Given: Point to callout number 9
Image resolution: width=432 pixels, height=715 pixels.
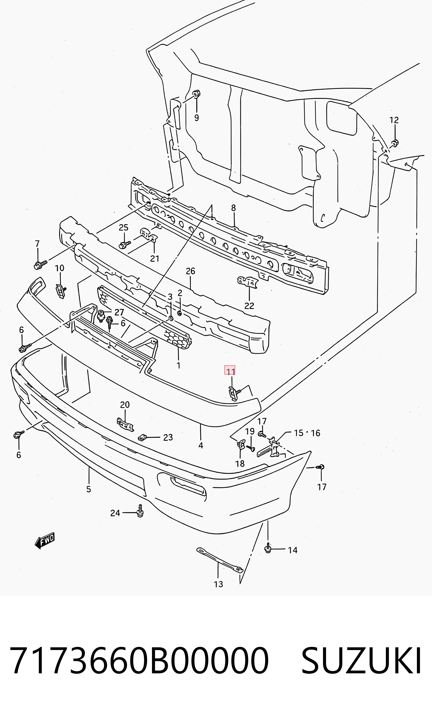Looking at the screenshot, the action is pyautogui.click(x=196, y=118).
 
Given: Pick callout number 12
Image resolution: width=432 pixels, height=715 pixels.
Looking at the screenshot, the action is pyautogui.click(x=394, y=120).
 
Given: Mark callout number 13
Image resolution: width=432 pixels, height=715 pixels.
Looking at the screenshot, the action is pyautogui.click(x=218, y=584).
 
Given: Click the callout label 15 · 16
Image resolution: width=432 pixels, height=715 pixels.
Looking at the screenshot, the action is pyautogui.click(x=307, y=433).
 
